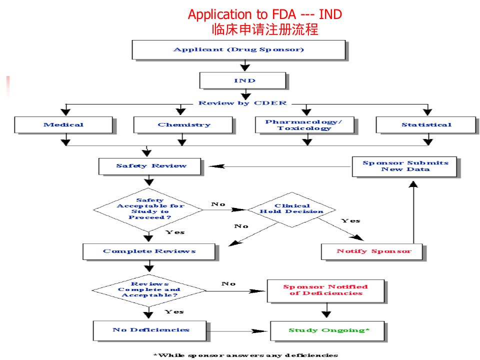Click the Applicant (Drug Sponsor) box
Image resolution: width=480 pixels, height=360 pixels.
[x=239, y=49]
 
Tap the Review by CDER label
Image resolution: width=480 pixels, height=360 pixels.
[x=243, y=103]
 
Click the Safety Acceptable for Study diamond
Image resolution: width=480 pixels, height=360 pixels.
[x=148, y=210]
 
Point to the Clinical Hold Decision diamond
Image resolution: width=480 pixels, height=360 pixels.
[x=291, y=209]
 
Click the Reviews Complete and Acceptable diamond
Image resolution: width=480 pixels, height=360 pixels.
[x=149, y=290]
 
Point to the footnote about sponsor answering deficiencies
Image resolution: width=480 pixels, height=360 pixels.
[x=245, y=355]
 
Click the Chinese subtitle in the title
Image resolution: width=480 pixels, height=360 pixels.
[x=265, y=29]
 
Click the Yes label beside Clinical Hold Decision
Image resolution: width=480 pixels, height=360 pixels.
[x=351, y=220]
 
